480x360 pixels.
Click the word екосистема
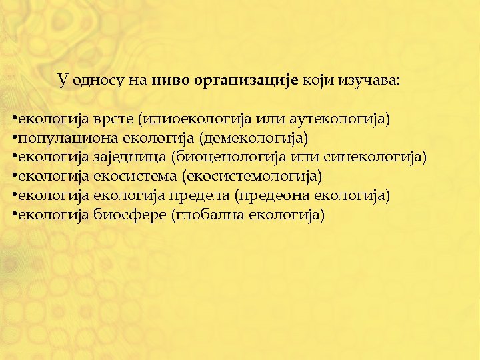coord(135,176)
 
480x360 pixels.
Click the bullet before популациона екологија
coord(13,138)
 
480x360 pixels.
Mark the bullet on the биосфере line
coord(13,215)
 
